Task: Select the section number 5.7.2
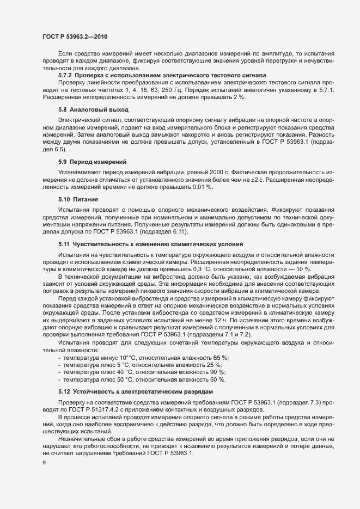tap(65, 75)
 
